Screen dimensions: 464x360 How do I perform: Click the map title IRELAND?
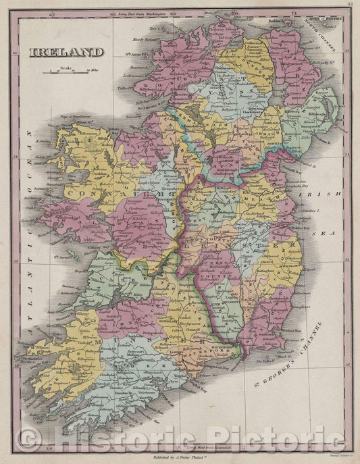click(x=66, y=52)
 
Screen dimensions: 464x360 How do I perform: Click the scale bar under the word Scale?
click(x=66, y=70)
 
